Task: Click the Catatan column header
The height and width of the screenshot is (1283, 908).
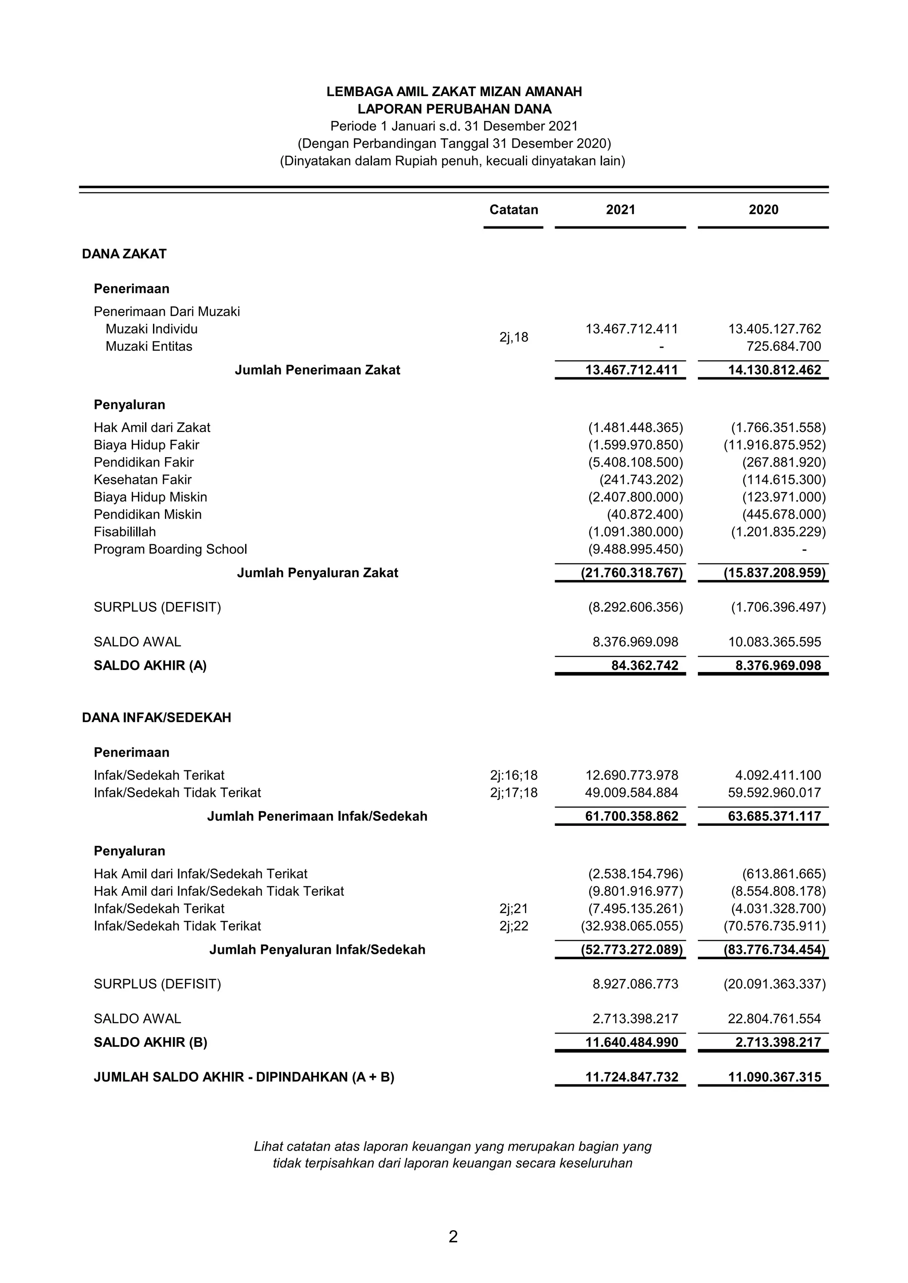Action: point(513,210)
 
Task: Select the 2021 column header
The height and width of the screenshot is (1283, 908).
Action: point(620,210)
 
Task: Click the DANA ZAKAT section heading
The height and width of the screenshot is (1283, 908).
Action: point(124,254)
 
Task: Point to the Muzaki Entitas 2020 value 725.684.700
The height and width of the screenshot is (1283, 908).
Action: point(783,346)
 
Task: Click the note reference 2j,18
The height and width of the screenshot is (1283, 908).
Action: point(513,338)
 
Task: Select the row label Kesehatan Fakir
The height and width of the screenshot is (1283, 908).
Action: point(143,479)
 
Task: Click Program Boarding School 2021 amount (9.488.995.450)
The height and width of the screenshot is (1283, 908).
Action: point(635,549)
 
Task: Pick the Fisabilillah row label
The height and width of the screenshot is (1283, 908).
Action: point(125,532)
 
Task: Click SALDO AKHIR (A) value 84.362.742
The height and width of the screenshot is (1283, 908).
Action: point(644,665)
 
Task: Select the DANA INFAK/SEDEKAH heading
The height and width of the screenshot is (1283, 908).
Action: point(157,718)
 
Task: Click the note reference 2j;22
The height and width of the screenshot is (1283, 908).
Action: point(513,926)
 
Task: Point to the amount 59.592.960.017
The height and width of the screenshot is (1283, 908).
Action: point(775,793)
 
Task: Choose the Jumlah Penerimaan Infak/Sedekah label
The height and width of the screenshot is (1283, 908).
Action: point(317,816)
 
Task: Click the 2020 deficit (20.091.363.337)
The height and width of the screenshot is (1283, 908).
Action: point(775,984)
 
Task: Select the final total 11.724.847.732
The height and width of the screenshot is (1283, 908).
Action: point(632,1077)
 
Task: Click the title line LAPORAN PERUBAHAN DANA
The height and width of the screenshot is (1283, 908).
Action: point(454,109)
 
